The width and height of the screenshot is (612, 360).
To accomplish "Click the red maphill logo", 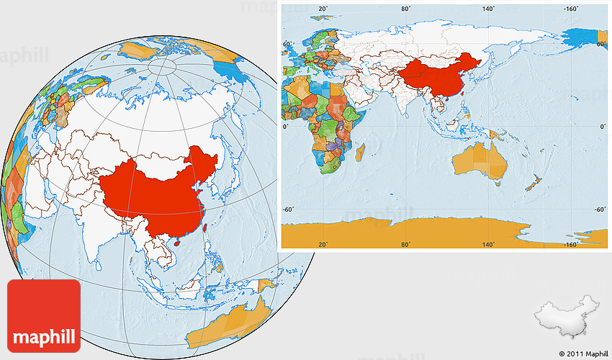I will [x=43, y=315].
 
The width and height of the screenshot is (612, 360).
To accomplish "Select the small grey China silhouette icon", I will [x=567, y=315].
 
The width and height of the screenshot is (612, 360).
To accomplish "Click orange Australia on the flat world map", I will [x=481, y=160].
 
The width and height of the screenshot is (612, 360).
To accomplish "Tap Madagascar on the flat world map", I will [x=360, y=153].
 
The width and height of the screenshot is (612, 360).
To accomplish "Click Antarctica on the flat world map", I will [x=432, y=233].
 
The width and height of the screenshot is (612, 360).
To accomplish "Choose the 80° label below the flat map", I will [x=407, y=244].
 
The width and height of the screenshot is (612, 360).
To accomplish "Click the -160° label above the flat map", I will [x=573, y=9].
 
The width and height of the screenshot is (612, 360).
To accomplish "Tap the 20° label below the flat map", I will [x=323, y=244].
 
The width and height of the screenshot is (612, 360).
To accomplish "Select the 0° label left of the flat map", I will [x=285, y=126].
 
